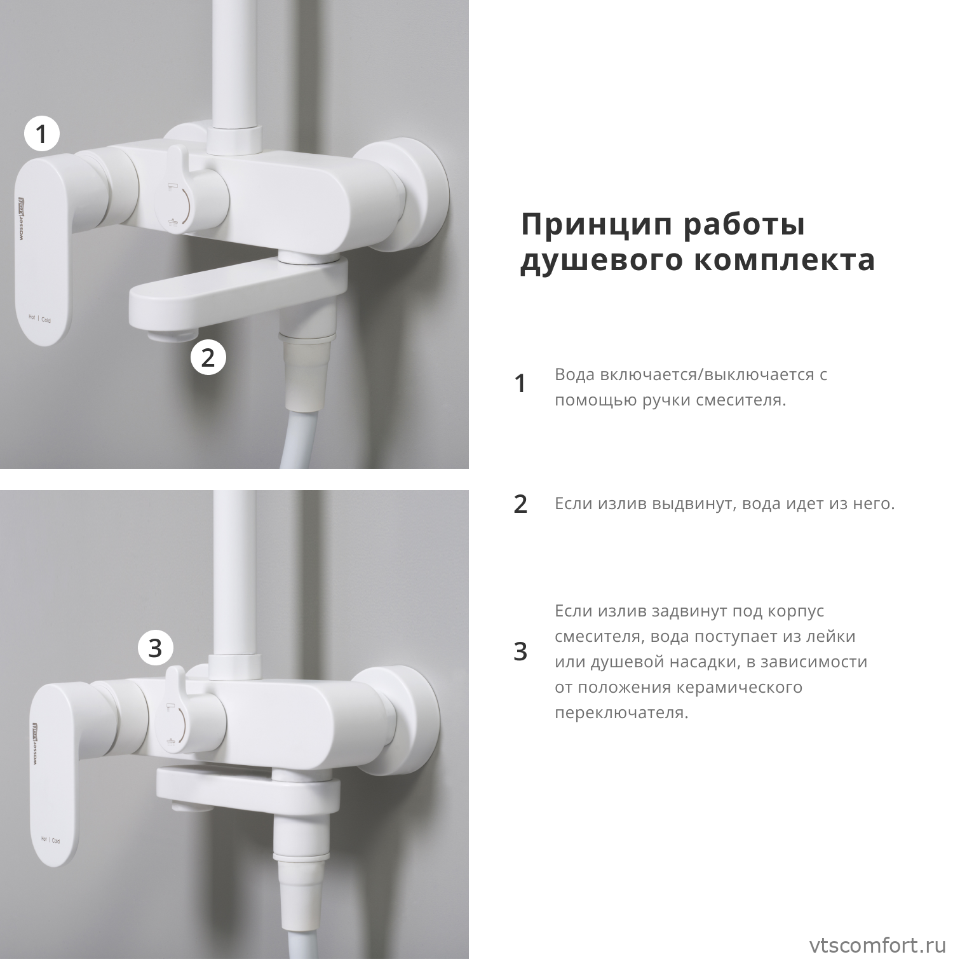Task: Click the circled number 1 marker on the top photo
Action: (41, 134)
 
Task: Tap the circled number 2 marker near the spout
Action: (208, 357)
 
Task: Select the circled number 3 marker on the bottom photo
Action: (156, 648)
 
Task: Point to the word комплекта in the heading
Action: (784, 261)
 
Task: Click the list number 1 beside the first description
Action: (520, 384)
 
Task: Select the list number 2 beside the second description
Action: (520, 504)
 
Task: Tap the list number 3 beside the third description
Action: (520, 652)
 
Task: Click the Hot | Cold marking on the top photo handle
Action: (39, 318)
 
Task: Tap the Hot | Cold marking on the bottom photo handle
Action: (50, 840)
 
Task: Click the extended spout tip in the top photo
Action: (164, 334)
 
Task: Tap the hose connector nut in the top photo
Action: (308, 339)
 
